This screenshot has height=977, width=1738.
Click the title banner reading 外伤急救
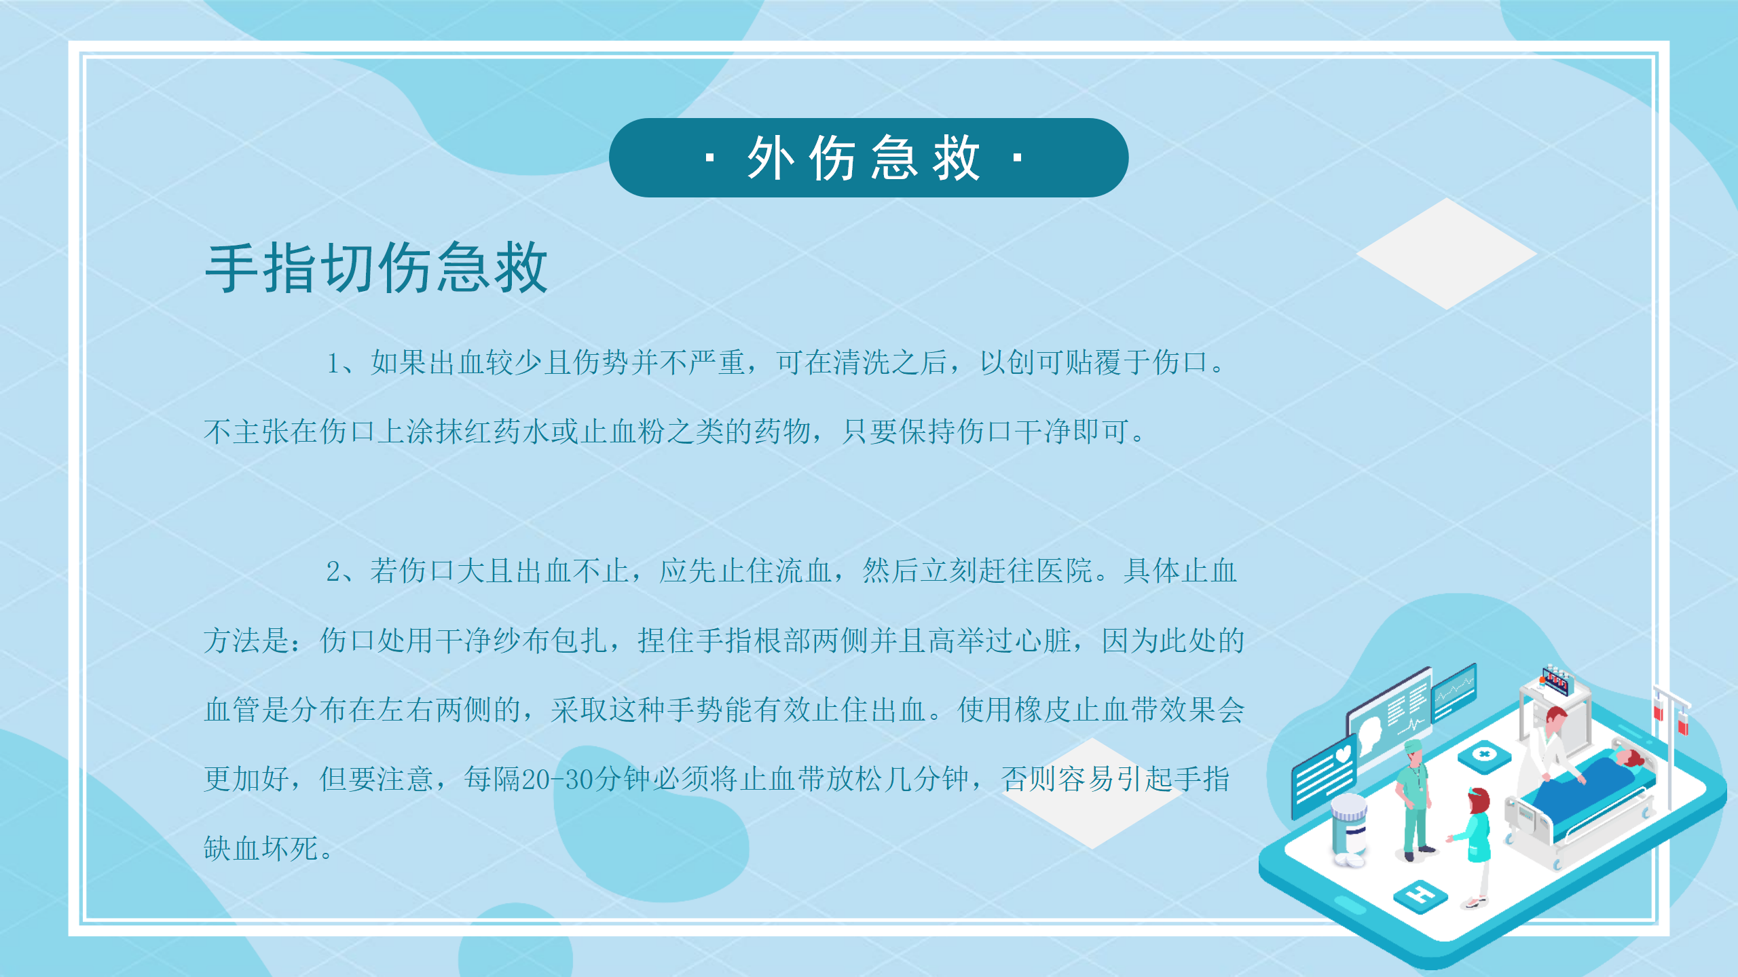868,157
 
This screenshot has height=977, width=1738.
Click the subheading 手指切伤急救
376,268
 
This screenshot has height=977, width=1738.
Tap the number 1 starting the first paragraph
333,363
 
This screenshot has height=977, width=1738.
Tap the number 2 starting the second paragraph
333,571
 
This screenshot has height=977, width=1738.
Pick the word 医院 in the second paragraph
1065,571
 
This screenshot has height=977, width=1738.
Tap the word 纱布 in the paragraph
522,640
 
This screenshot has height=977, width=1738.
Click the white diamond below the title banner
1446,254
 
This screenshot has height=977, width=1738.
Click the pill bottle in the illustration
1349,829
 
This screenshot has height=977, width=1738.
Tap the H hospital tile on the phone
1420,896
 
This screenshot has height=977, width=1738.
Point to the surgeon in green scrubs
1415,801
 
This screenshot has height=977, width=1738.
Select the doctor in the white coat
1548,746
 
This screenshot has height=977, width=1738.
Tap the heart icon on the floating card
1343,754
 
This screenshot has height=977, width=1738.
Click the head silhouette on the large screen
1369,735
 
